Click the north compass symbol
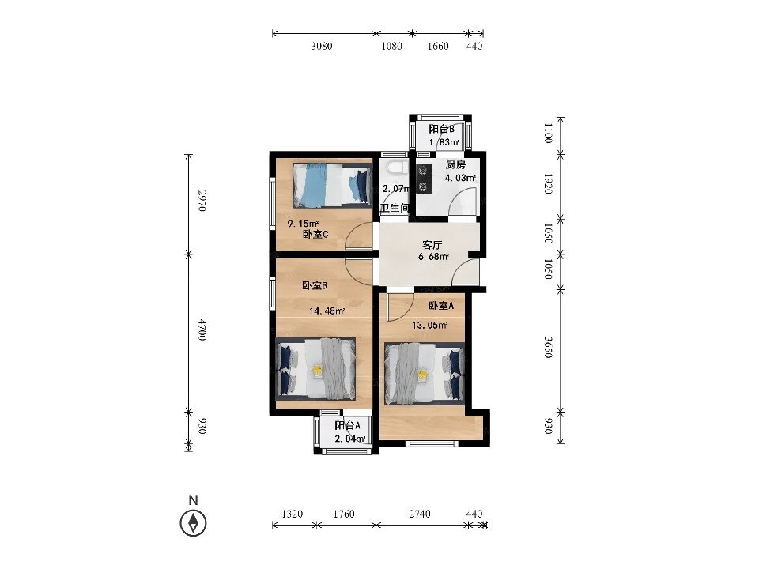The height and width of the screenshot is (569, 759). point(193,522)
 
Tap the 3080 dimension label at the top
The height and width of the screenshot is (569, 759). point(322,46)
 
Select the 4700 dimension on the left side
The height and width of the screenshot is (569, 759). point(202,330)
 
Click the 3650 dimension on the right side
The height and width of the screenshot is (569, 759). point(547,348)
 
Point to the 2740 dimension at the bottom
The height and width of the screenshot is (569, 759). point(420,514)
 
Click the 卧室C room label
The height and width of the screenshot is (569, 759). point(315,235)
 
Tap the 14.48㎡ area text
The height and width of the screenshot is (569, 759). point(327,311)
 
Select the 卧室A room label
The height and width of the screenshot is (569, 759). point(441,306)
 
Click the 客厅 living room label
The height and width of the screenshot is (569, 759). point(432,245)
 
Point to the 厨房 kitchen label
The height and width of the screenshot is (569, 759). point(455,165)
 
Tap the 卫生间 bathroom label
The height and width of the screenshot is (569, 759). point(395,208)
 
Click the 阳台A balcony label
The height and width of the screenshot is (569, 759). point(348,426)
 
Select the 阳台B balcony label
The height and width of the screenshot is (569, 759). point(441,129)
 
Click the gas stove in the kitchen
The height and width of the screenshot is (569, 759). point(424,179)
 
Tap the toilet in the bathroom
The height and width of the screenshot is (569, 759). point(397,168)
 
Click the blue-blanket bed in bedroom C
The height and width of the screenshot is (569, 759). point(332,185)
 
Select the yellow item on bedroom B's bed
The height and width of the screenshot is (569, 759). point(318,370)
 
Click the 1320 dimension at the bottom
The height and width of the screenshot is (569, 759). point(293,514)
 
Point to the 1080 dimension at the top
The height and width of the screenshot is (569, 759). point(391,46)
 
